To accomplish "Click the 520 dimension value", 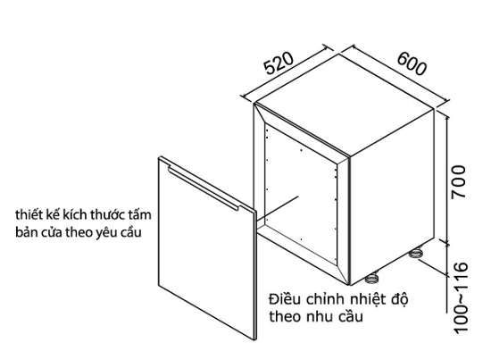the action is pyautogui.click(x=279, y=63).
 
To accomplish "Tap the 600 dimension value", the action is pyautogui.click(x=412, y=63).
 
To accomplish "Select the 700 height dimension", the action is pyautogui.click(x=459, y=181).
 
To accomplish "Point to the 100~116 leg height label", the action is pyautogui.click(x=461, y=297).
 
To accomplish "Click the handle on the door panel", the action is pyautogui.click(x=203, y=188).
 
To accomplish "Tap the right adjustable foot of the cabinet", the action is pyautogui.click(x=416, y=253).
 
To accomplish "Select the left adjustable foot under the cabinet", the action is pyautogui.click(x=372, y=279).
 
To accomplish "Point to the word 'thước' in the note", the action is pyautogui.click(x=107, y=214).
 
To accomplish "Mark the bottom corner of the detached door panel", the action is pyautogui.click(x=255, y=339).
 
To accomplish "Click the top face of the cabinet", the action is pyautogui.click(x=344, y=105).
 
